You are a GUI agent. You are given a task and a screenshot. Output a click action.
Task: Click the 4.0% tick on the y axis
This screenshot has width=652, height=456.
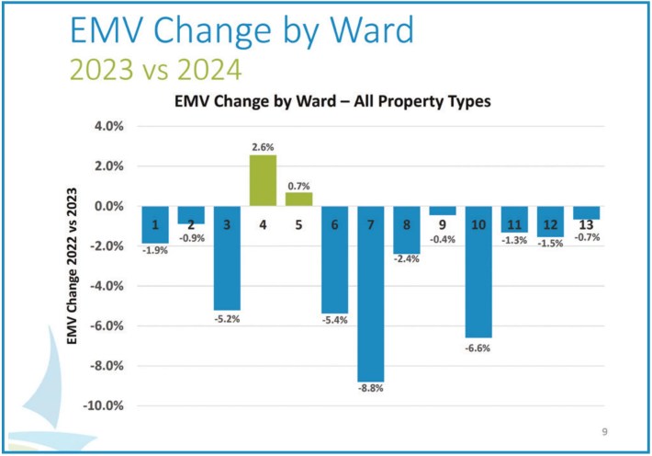[x=109, y=127]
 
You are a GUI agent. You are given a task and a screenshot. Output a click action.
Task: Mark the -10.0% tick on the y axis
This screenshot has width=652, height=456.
[x=106, y=405]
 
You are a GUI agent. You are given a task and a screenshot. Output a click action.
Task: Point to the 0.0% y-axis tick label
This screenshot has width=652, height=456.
[x=109, y=207]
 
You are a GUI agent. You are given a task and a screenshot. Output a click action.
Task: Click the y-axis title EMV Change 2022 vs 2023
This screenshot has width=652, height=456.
[x=73, y=267]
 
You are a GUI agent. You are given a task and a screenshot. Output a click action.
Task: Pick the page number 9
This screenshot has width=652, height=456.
[x=605, y=430]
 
